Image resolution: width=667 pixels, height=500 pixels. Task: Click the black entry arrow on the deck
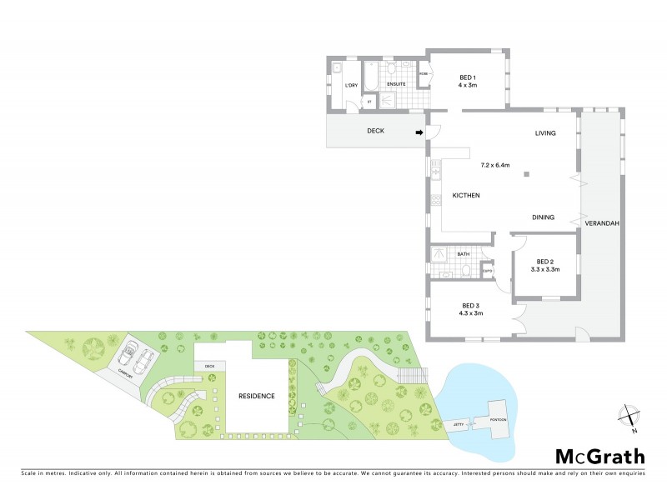click(x=419, y=131)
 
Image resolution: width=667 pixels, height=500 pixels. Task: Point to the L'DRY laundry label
click(x=351, y=86)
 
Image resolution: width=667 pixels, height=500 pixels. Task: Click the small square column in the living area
click(x=526, y=174)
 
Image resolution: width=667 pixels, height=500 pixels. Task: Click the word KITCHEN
click(x=465, y=195)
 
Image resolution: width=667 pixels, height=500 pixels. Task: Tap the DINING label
click(x=544, y=217)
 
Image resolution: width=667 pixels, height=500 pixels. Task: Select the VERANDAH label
click(x=602, y=224)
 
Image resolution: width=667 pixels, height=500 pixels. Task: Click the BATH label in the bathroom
click(x=463, y=254)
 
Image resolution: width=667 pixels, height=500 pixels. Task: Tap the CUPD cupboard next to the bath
click(x=488, y=271)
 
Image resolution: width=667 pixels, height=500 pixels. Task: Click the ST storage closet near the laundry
click(x=369, y=102)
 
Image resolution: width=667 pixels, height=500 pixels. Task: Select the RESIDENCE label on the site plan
click(x=256, y=396)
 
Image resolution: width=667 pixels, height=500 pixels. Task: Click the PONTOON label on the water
click(x=498, y=419)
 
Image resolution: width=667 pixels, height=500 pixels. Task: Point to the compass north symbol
click(x=630, y=416)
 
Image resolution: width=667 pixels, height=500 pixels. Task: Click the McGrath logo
click(x=599, y=456)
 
